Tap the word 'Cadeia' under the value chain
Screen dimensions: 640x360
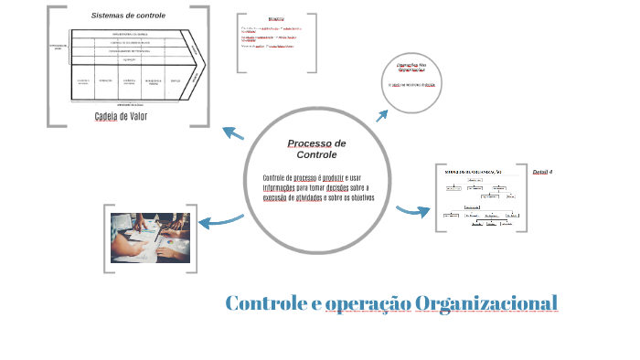click(110, 116)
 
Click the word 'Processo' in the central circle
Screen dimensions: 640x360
click(309, 143)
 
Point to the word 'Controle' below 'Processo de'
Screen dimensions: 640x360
click(316, 154)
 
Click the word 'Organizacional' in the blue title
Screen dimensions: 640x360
click(485, 302)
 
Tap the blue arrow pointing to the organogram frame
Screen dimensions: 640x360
click(413, 211)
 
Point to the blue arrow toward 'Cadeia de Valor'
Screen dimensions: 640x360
click(234, 133)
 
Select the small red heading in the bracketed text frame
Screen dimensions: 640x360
click(275, 19)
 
